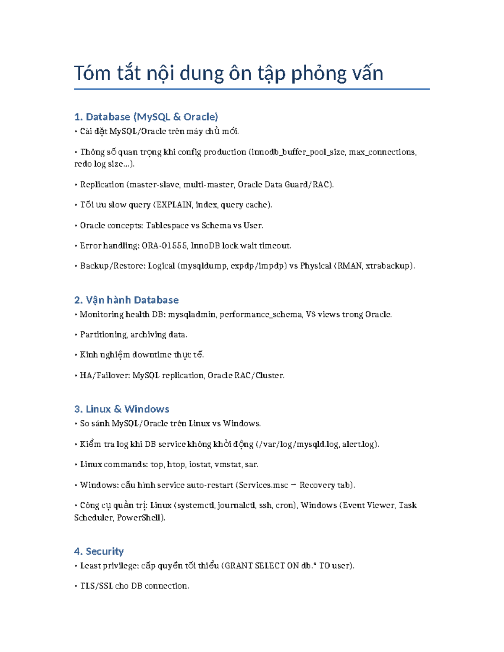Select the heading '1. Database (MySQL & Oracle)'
(146, 117)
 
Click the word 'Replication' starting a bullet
(102, 185)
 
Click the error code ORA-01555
(164, 246)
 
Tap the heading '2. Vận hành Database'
(126, 300)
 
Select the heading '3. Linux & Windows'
(121, 409)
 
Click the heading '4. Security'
(99, 551)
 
